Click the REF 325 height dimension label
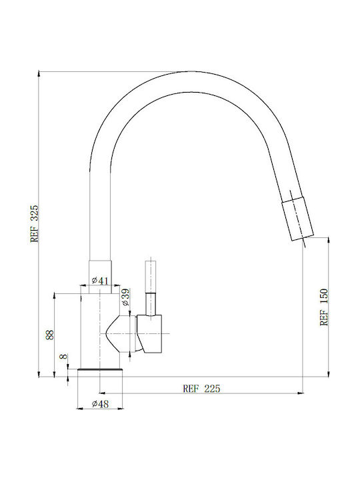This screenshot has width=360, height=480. point(35,224)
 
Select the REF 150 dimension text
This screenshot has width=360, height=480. point(323,307)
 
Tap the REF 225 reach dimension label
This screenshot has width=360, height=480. point(201,389)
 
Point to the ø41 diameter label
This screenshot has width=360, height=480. point(100,280)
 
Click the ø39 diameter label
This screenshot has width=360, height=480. point(126,297)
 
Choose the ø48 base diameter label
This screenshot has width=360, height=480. point(100,404)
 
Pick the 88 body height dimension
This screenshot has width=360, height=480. point(49,335)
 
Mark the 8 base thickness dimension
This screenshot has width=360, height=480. point(63,356)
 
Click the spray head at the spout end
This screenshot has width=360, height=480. point(297,219)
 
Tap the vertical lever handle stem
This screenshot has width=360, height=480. point(151,287)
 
